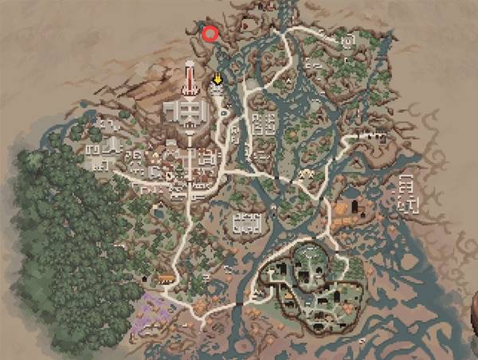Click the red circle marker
pos(210,33)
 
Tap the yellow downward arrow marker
pos(218,79)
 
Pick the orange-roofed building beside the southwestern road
pos(166,277)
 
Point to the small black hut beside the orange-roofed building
pos(145,278)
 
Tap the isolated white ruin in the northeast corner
pos(347,40)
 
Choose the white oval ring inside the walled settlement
pos(307,256)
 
